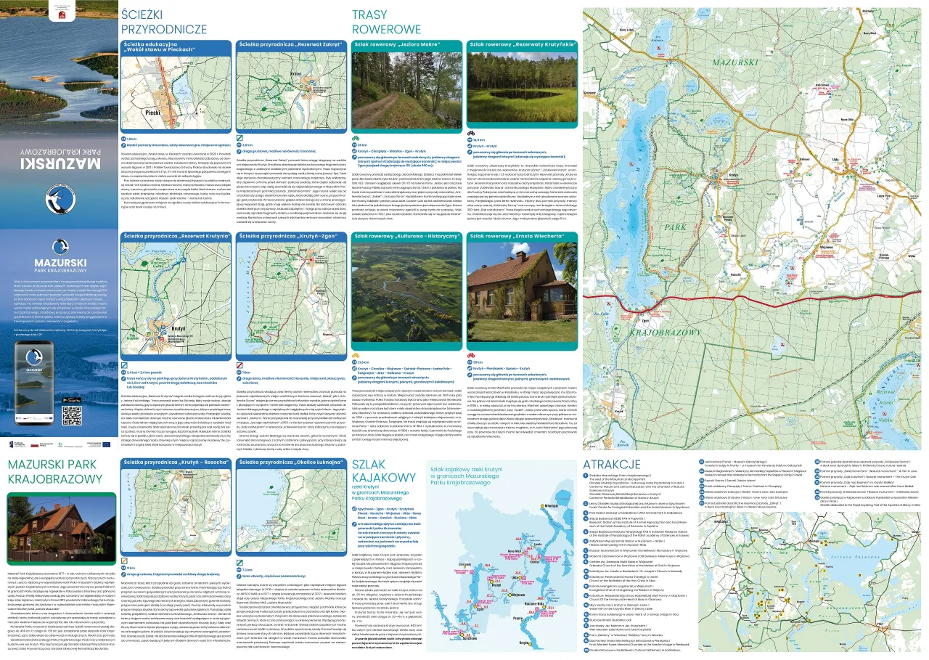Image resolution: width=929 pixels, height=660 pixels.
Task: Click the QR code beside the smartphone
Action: pos(92,415)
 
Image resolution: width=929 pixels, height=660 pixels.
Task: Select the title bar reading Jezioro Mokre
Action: pos(407,44)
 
